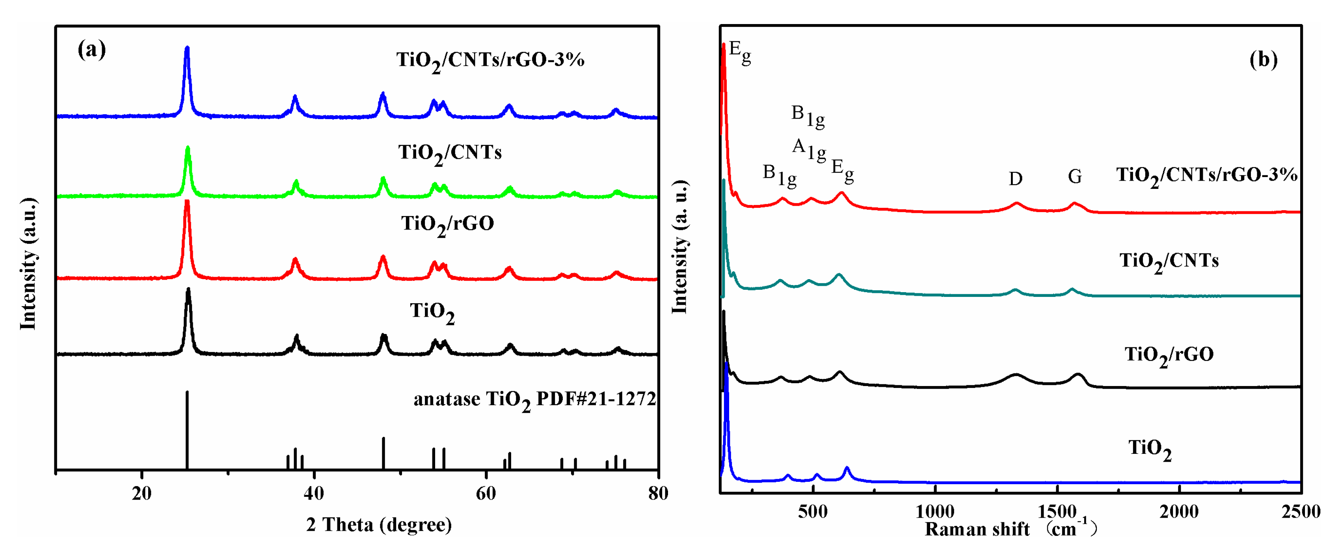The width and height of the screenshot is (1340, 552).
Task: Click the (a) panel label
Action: click(x=91, y=50)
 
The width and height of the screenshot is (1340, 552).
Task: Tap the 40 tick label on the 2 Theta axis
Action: click(x=313, y=493)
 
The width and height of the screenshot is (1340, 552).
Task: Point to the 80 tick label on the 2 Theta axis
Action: click(x=658, y=493)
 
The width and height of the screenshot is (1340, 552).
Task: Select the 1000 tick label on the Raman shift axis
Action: click(x=935, y=511)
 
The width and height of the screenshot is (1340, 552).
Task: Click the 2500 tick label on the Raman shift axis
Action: click(x=1301, y=511)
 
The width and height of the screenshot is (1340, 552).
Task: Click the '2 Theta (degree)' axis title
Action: click(x=379, y=524)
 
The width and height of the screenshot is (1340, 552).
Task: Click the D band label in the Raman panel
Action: click(x=1015, y=179)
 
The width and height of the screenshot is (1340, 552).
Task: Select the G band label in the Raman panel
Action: click(x=1075, y=177)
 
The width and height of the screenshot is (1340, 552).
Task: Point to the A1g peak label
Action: click(x=809, y=150)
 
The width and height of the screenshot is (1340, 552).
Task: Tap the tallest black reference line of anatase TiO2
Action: click(x=187, y=429)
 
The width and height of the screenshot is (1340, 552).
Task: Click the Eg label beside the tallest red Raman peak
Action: click(x=740, y=52)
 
